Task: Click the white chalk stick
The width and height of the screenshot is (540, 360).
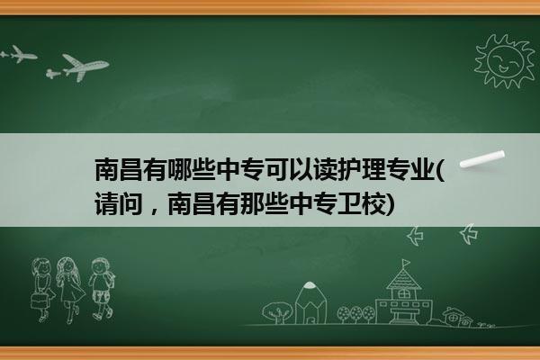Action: [x=481, y=158]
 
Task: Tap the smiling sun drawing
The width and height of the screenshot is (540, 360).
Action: [x=504, y=61]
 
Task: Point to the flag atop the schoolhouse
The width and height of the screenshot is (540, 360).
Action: [x=406, y=263]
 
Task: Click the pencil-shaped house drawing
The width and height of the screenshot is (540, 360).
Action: [x=310, y=302]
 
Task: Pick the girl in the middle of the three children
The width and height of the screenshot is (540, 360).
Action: [x=70, y=290]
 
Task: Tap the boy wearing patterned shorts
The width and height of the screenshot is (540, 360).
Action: [x=102, y=289]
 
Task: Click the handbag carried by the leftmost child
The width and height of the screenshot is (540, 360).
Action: [x=39, y=301]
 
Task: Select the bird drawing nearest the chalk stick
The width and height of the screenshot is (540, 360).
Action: [x=469, y=234]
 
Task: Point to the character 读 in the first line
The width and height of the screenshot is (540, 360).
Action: [x=326, y=170]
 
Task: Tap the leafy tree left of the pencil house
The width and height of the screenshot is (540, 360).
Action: [x=277, y=312]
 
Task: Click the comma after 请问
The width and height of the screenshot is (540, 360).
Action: [x=154, y=211]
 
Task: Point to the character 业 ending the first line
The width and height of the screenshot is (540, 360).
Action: [x=423, y=170]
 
